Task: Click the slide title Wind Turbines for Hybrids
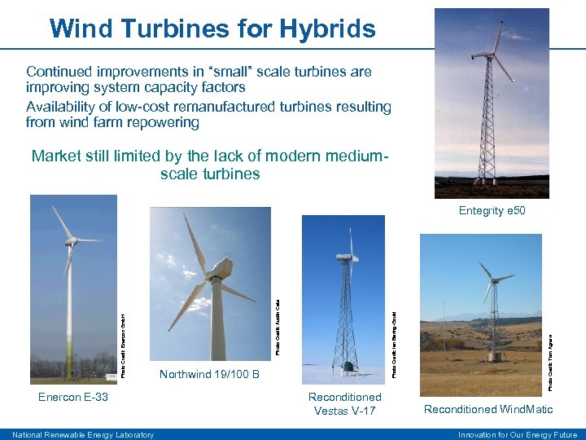point(212,29)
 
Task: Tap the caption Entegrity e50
point(492,210)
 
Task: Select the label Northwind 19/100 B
point(209,374)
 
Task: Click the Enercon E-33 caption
point(73,397)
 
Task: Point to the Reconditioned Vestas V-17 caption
point(344,403)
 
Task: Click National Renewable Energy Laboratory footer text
point(83,434)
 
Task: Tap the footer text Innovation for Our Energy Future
point(518,434)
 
